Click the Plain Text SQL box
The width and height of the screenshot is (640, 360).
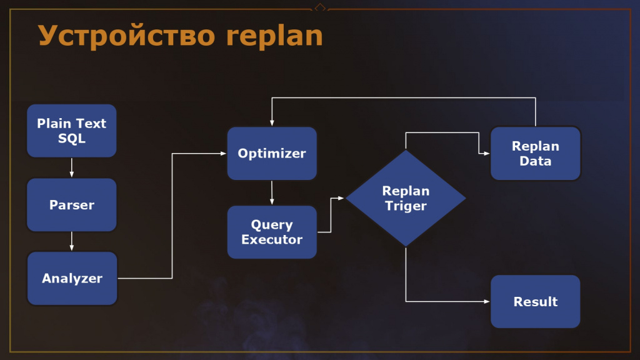click(72, 131)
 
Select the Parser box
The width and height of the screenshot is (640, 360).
click(72, 204)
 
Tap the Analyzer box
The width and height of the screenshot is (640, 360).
click(72, 278)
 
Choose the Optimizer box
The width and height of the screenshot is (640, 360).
click(272, 154)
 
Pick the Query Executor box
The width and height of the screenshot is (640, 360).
click(272, 232)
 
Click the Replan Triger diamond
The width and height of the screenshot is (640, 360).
click(406, 198)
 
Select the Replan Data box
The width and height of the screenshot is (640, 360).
click(536, 154)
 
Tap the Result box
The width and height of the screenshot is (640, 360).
click(536, 302)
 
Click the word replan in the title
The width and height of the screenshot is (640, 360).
click(275, 36)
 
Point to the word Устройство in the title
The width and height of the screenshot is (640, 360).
click(126, 36)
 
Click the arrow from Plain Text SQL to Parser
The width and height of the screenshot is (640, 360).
click(72, 167)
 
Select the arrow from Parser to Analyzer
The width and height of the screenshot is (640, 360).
click(72, 241)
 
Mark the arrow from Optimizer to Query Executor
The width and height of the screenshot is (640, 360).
click(272, 192)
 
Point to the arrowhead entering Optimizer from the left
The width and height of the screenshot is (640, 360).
click(224, 154)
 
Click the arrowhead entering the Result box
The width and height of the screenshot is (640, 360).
click(487, 302)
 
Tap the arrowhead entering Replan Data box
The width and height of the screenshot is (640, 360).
click(487, 154)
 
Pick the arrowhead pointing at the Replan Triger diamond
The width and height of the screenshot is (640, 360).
click(341, 198)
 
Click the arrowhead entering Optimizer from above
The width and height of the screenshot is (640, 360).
click(272, 123)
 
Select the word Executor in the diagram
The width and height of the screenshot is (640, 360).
click(272, 239)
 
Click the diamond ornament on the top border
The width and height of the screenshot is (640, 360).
click(320, 7)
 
